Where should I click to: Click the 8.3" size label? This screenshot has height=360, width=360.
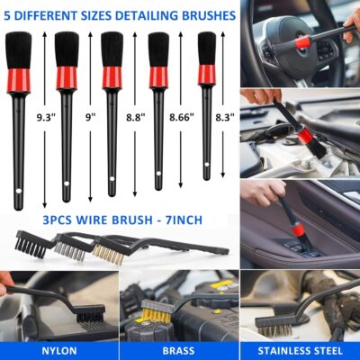click(x=227, y=117)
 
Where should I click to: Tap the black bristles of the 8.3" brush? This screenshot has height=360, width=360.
click(x=207, y=48)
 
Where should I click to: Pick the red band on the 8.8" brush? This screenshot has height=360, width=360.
click(x=112, y=76)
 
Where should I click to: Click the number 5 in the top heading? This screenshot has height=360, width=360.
click(x=9, y=15)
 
